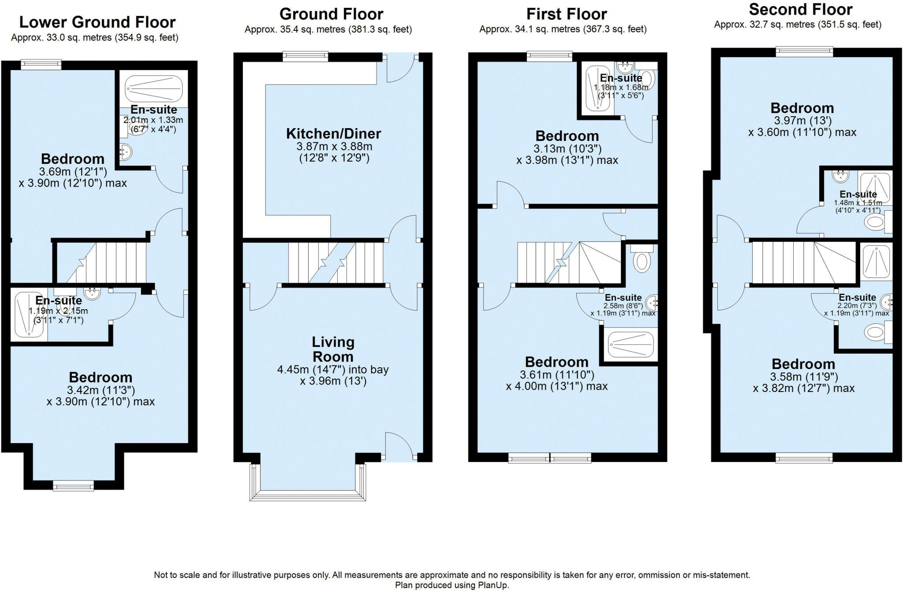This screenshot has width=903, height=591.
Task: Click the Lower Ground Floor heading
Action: pyautogui.click(x=97, y=22)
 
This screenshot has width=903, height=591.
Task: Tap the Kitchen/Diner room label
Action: pyautogui.click(x=333, y=134)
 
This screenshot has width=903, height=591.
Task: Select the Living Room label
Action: pyautogui.click(x=333, y=349)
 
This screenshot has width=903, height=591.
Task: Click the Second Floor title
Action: pyautogui.click(x=800, y=9)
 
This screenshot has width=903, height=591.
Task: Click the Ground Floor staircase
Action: pyautogui.click(x=336, y=262)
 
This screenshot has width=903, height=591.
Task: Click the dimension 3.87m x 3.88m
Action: pyautogui.click(x=334, y=146)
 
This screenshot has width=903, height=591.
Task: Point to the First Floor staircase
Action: pyautogui.click(x=569, y=262)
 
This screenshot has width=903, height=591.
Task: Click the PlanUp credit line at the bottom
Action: pyautogui.click(x=451, y=585)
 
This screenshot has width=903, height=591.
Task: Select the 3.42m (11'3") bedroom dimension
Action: pyautogui.click(x=101, y=390)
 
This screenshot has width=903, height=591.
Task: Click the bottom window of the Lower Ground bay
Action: pyautogui.click(x=73, y=486)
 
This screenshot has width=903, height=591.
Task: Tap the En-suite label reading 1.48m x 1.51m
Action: pyautogui.click(x=858, y=195)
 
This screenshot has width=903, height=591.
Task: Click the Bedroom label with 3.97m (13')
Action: pyautogui.click(x=802, y=108)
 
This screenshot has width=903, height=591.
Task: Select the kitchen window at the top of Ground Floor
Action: pyautogui.click(x=306, y=56)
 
